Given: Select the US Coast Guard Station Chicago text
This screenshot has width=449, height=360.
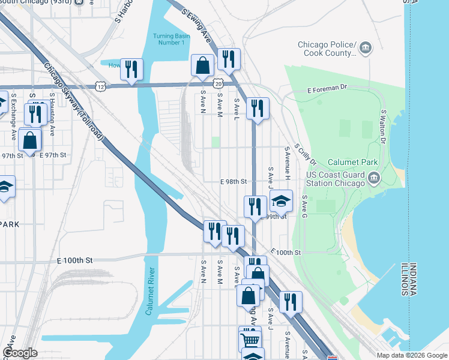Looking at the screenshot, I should point(336,179).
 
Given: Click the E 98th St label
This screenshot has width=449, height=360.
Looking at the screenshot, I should point(234,181).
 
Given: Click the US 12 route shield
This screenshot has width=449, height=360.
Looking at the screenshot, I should point(100,87).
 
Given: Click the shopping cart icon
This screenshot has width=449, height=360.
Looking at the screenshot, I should point(250,340).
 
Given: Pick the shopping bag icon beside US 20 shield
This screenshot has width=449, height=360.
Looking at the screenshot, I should point(203,65).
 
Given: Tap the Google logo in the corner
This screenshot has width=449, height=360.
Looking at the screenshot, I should point(20,353).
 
